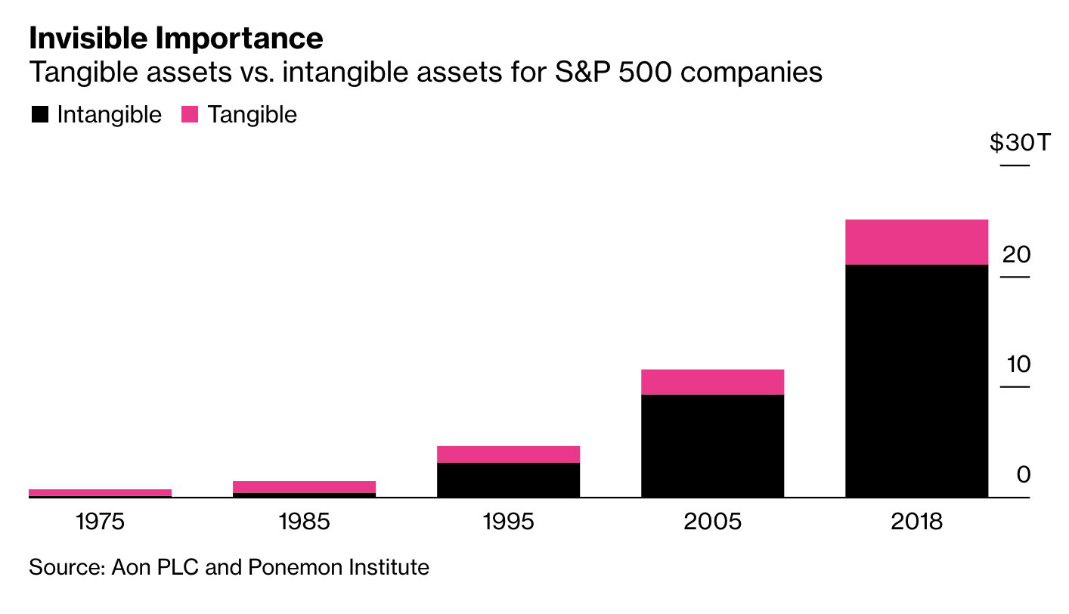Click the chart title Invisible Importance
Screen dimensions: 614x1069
pos(175,38)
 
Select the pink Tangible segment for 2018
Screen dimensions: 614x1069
pos(916,242)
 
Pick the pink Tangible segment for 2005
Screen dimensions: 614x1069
pos(712,382)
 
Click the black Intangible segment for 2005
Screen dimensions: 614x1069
pos(712,445)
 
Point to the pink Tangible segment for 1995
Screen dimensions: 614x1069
pos(508,454)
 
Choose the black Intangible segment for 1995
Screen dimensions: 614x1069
pos(508,479)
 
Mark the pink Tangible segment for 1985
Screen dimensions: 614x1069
pos(304,487)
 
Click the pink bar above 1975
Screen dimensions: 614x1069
pos(100,492)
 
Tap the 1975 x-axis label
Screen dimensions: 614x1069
pos(100,522)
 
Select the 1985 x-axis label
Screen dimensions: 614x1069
pos(304,522)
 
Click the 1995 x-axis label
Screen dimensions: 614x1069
pos(508,522)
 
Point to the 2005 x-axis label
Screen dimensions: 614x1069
pos(712,522)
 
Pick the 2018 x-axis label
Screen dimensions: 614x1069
pos(916,522)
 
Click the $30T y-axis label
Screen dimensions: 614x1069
pos(1020,142)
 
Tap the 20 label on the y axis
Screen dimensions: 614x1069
pos(1017,254)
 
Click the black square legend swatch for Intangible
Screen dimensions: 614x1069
pos(39,115)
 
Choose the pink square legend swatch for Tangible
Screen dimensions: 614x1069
pos(190,115)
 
